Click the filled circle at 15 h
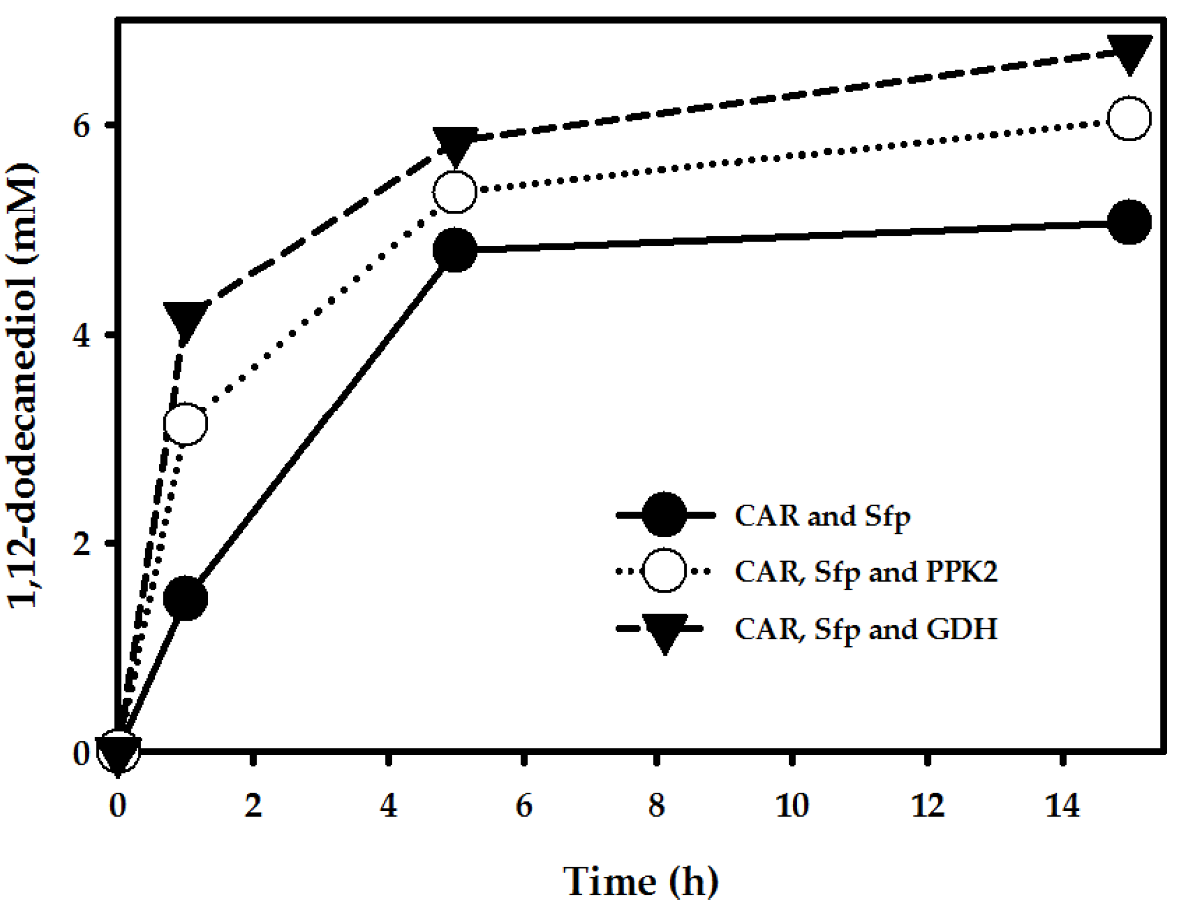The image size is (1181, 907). tap(1129, 222)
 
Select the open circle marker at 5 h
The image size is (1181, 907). tap(455, 192)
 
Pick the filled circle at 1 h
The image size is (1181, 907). tap(186, 598)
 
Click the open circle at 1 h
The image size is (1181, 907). tap(186, 424)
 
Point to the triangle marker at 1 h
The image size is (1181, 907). tap(186, 319)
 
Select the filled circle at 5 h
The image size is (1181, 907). tap(455, 250)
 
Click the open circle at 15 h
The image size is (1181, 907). tap(1129, 119)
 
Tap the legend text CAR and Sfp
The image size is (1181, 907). tap(822, 516)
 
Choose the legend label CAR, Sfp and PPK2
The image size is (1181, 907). tap(866, 571)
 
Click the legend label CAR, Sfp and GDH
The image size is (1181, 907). tap(866, 629)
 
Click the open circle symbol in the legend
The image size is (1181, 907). tap(663, 570)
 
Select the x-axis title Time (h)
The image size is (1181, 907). tap(641, 881)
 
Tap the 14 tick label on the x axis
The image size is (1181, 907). tap(1062, 806)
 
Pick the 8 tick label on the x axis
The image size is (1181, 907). tap(657, 806)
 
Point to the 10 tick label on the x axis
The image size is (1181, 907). tap(792, 806)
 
